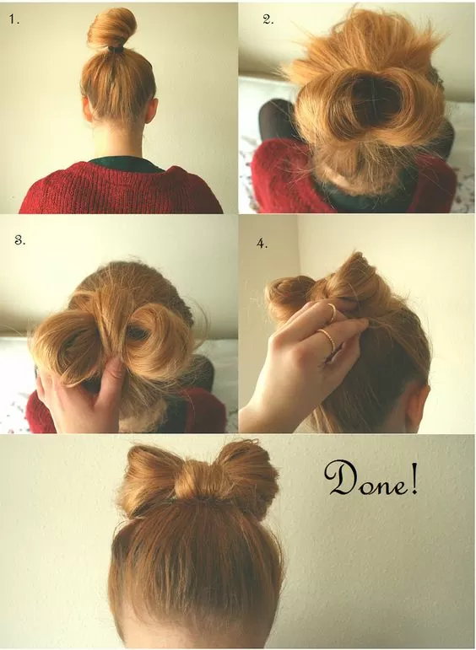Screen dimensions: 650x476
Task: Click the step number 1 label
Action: tap(14, 19)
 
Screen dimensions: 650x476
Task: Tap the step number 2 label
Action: tap(268, 19)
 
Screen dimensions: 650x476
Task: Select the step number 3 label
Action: tap(19, 240)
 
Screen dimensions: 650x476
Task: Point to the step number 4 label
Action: tap(262, 244)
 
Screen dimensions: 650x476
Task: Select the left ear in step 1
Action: tap(86, 110)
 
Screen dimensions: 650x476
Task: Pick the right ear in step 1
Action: tap(153, 110)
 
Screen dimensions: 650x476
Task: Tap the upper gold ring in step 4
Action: tap(331, 312)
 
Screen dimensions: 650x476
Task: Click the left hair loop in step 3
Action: tap(68, 346)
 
